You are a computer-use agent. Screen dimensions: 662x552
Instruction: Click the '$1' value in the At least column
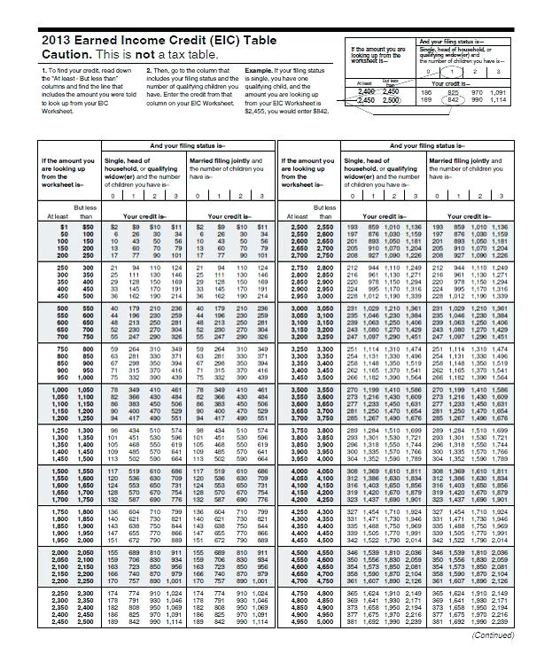click(62, 226)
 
